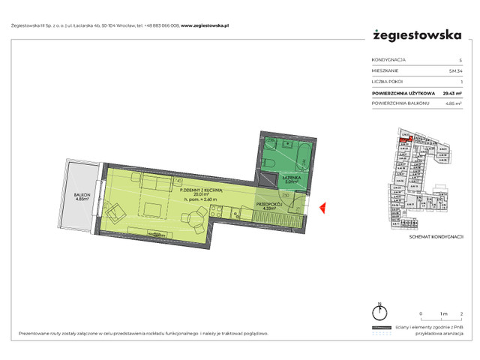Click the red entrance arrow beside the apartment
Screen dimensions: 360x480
tap(321, 208)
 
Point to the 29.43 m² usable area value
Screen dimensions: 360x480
tap(451, 94)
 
